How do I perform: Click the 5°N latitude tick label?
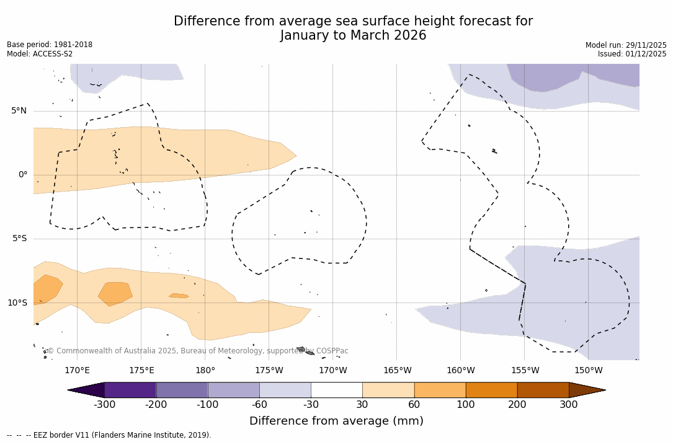(x=19, y=111)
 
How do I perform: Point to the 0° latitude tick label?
(x=22, y=175)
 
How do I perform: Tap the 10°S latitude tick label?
(x=17, y=303)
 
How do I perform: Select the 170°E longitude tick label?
(x=77, y=371)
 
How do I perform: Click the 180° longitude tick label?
(x=205, y=371)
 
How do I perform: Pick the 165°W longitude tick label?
(x=397, y=371)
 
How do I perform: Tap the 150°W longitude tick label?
(x=588, y=371)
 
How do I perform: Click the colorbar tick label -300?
(x=104, y=405)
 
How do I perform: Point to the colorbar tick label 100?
(x=466, y=405)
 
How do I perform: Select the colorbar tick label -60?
(x=259, y=405)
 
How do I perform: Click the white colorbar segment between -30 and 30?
(x=336, y=390)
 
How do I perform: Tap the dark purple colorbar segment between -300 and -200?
(x=130, y=390)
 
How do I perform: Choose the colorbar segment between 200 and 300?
(x=543, y=390)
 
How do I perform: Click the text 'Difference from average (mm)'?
(x=336, y=422)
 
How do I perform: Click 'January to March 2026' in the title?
(x=353, y=36)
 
